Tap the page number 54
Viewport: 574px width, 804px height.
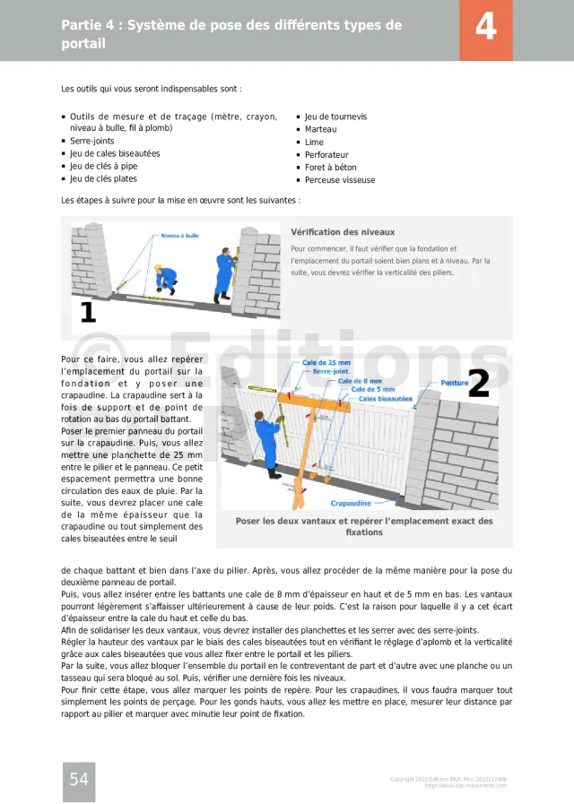(79, 779)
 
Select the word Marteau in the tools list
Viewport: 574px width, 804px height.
(320, 129)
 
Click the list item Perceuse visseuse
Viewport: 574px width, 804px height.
(340, 180)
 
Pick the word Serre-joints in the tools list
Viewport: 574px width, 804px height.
(92, 141)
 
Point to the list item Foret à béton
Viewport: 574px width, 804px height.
(330, 168)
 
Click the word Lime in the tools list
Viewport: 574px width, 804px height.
(314, 143)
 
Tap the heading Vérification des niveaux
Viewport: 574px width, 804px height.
(343, 232)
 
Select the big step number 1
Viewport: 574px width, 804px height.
(88, 312)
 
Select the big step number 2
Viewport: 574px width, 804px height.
(479, 384)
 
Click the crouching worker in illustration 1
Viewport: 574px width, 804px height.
(164, 277)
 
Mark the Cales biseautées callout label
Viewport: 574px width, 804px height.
(385, 399)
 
